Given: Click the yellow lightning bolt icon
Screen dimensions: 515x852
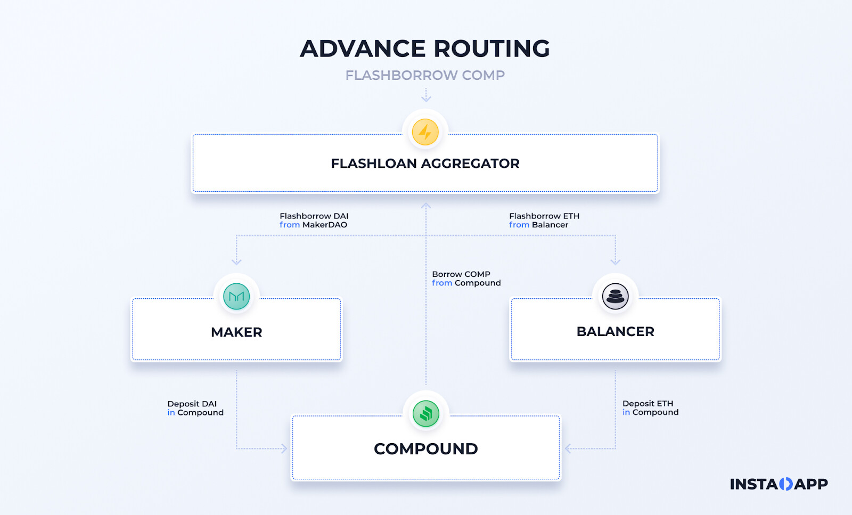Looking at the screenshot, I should [425, 132].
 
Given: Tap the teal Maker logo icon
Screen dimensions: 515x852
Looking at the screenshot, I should [236, 297].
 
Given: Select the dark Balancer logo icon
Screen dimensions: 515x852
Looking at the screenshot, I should [615, 296].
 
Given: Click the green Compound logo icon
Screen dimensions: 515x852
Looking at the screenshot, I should [425, 414].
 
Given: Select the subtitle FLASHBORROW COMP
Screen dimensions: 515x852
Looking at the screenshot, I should [425, 75].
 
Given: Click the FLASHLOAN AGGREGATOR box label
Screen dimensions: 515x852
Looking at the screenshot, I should [425, 164].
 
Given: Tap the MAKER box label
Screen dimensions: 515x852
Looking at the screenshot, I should [236, 332].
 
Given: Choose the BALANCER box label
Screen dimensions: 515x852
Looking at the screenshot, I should [615, 331].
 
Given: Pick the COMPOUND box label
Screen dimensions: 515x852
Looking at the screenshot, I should [425, 449].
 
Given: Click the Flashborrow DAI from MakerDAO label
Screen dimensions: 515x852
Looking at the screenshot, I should [314, 220].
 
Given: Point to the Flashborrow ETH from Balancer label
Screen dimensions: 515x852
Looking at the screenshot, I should [544, 220].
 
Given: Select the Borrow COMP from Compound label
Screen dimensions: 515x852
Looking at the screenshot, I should [466, 279].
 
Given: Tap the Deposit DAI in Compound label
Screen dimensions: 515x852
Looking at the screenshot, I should [195, 408].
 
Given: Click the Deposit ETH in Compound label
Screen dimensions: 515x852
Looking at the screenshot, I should [650, 408].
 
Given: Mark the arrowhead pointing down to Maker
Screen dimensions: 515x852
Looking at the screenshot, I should [236, 261].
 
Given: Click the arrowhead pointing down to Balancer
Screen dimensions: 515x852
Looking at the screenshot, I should [615, 261].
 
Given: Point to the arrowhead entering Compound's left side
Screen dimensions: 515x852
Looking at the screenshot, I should [284, 448].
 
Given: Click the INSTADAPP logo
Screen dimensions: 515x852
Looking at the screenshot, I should [779, 484].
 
